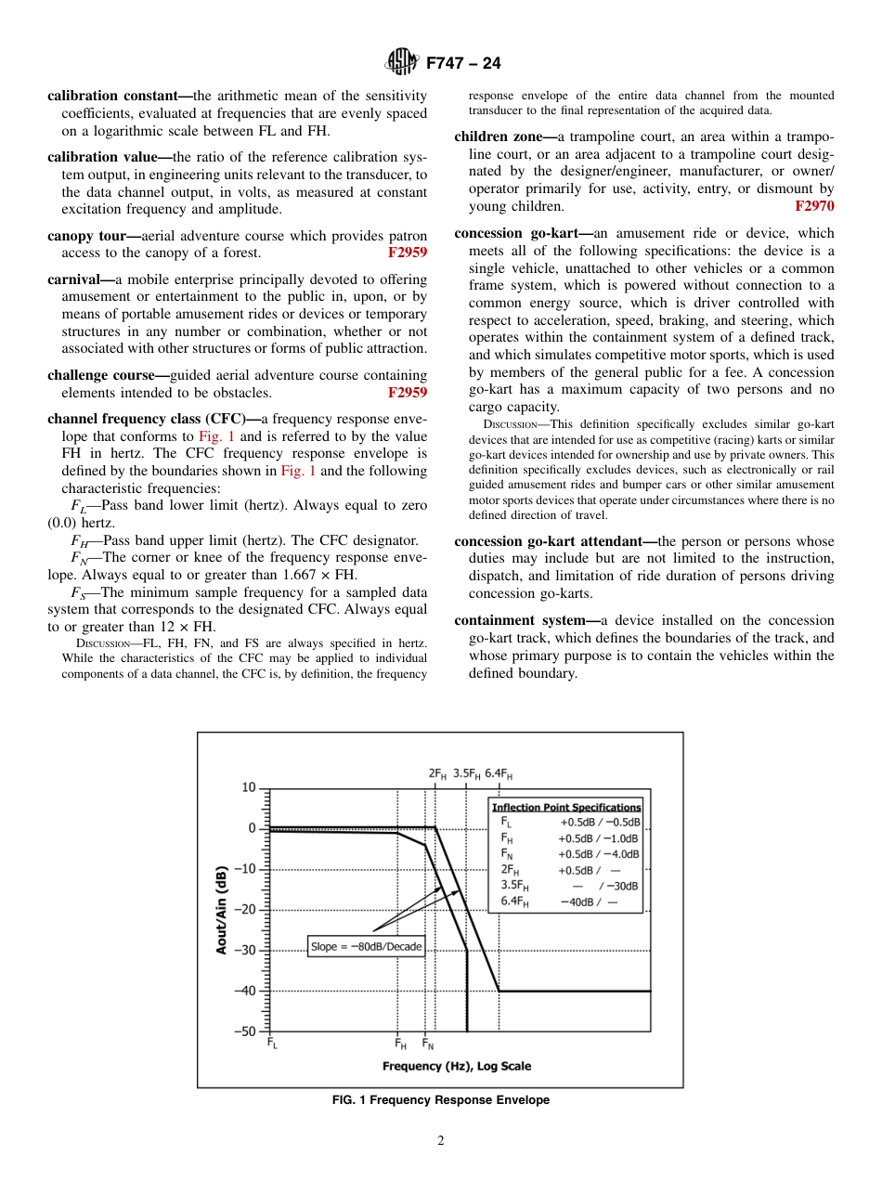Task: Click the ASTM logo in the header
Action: (402, 63)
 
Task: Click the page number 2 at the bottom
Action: (441, 1141)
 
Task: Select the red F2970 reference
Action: (814, 206)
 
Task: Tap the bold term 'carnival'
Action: (78, 279)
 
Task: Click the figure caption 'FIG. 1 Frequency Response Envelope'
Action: (441, 1100)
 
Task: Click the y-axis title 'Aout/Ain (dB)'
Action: (222, 910)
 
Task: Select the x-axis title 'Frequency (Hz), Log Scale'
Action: (457, 1066)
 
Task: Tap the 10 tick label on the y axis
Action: (249, 788)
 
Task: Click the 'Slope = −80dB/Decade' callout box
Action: (366, 947)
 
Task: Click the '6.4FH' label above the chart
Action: (499, 772)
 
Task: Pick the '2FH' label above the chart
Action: (437, 772)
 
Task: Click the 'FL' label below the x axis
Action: (272, 1044)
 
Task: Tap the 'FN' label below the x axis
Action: (428, 1044)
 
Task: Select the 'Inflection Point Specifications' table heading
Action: (565, 808)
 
